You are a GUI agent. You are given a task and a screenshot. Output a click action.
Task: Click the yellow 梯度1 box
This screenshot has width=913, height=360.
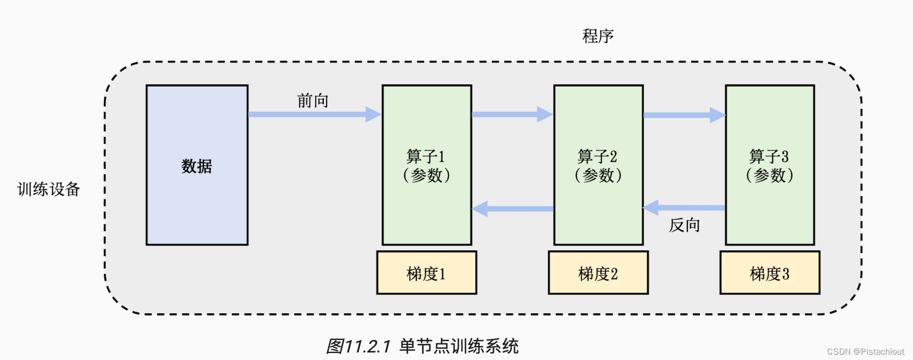(426, 273)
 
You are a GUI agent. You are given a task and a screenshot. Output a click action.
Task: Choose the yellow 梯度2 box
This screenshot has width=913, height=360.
(598, 273)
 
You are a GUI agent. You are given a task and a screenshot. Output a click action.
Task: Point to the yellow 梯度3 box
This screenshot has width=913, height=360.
(770, 273)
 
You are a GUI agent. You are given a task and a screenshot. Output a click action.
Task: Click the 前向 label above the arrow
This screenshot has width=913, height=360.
(313, 100)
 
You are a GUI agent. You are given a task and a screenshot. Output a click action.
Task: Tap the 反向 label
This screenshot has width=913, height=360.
(684, 225)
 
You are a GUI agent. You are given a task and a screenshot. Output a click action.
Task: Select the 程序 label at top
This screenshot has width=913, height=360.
(598, 36)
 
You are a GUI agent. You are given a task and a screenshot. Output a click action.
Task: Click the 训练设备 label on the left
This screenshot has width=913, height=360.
(48, 189)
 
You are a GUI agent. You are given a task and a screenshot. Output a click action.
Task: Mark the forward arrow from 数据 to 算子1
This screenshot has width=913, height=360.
(314, 114)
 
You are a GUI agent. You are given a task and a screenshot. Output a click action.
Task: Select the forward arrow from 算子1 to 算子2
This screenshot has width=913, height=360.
(512, 114)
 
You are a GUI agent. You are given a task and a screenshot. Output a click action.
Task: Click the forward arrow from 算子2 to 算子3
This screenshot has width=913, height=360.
(684, 115)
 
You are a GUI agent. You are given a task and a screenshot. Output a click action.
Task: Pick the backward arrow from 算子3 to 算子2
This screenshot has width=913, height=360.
(684, 207)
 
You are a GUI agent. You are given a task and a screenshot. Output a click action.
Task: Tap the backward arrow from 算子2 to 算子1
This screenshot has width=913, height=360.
(512, 208)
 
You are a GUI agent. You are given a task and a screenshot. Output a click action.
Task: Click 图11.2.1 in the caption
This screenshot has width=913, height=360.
(358, 346)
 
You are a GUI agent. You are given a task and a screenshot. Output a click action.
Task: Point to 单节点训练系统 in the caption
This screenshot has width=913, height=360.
(459, 346)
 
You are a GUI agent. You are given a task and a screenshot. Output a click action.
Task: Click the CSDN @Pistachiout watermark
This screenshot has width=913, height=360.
(865, 351)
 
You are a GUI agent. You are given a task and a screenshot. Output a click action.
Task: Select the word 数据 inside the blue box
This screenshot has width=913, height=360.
(197, 166)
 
